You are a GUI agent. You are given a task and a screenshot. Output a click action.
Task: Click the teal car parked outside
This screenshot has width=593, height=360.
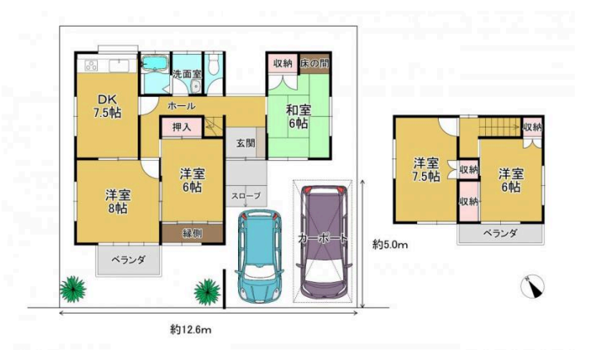pyautogui.click(x=259, y=256)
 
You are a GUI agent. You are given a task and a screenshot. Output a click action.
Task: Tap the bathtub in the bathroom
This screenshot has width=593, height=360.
pyautogui.click(x=155, y=63)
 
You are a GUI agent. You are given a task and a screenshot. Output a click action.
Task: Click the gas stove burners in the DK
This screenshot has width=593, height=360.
pyautogui.click(x=91, y=66)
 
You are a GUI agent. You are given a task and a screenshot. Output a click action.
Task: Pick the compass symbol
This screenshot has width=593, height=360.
pyautogui.click(x=532, y=286)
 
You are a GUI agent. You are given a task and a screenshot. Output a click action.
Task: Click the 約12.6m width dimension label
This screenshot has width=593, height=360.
pyautogui.click(x=191, y=330)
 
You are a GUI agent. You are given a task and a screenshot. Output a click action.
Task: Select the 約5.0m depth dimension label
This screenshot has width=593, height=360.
pyautogui.click(x=390, y=245)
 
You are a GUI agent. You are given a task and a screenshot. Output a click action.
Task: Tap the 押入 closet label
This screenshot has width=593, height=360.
pyautogui.click(x=182, y=127)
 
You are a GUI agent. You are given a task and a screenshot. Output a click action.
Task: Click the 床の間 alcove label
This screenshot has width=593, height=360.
pyautogui.click(x=314, y=63)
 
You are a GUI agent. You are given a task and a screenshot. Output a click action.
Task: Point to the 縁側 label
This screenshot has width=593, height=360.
pyautogui.click(x=192, y=234)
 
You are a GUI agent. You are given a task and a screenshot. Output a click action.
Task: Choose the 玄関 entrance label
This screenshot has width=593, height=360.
pyautogui.click(x=245, y=143)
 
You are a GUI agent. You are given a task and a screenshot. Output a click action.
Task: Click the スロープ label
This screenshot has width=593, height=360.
pyautogui.click(x=245, y=196)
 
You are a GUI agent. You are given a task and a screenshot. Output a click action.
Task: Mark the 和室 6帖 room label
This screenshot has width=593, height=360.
pyautogui.click(x=299, y=117)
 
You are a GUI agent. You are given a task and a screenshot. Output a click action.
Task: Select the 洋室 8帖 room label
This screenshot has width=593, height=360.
pyautogui.click(x=118, y=202)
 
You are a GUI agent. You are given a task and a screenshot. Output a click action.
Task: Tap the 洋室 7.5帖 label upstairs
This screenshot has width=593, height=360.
pyautogui.click(x=426, y=170)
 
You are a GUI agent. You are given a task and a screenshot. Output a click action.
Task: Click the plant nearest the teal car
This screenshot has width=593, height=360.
pyautogui.click(x=207, y=291)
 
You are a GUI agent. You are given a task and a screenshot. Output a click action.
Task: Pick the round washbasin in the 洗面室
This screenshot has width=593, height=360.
pyautogui.click(x=196, y=86)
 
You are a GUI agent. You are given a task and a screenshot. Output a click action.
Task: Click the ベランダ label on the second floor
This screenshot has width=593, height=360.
pyautogui.click(x=500, y=233)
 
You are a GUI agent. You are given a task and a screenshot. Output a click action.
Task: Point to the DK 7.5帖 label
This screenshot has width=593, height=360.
pyautogui.click(x=108, y=106)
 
